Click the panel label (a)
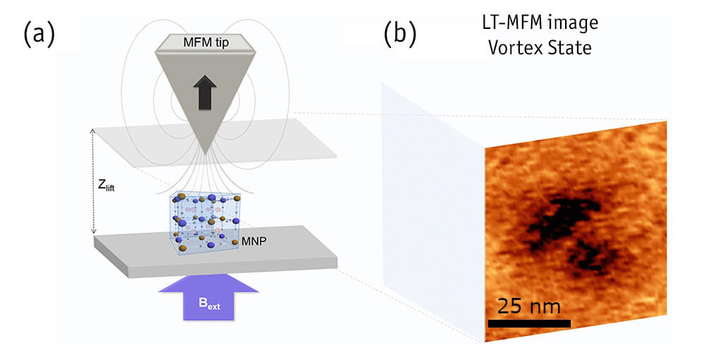click(x=39, y=34)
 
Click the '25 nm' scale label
click(x=529, y=306)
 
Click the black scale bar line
click(x=529, y=324)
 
